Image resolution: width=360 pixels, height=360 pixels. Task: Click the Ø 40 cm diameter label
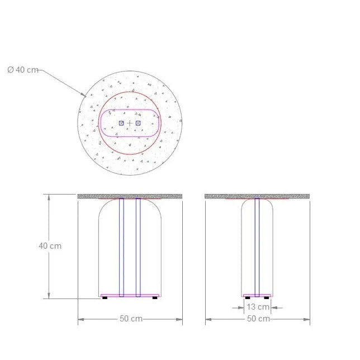pyautogui.click(x=23, y=69)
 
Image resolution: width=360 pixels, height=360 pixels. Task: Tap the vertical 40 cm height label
pyautogui.click(x=50, y=246)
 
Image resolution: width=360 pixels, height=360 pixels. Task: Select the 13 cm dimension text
pyautogui.click(x=258, y=307)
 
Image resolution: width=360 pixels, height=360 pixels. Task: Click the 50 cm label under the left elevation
pyautogui.click(x=131, y=319)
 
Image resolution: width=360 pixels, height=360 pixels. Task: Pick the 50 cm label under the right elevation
pyautogui.click(x=258, y=319)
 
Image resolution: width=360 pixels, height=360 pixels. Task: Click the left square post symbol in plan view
pyautogui.click(x=121, y=124)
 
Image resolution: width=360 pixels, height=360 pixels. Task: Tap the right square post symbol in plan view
pyautogui.click(x=138, y=124)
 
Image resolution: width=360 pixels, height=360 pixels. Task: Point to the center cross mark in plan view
pyautogui.click(x=130, y=124)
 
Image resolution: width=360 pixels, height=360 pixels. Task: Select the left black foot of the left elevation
pyautogui.click(x=105, y=298)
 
